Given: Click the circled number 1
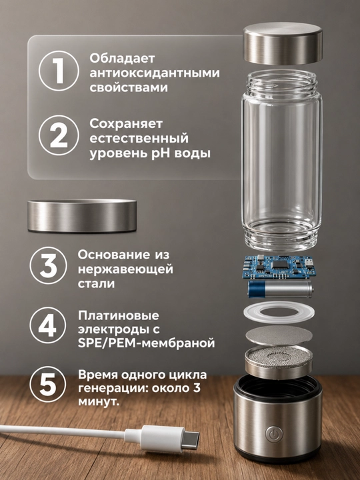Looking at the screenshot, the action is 59,71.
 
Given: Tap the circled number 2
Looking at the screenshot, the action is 59,135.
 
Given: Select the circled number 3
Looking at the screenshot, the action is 49,265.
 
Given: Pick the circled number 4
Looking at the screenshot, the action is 48,325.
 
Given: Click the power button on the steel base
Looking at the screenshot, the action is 272,433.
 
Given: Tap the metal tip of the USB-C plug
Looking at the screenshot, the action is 191,440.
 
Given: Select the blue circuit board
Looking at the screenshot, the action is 278,266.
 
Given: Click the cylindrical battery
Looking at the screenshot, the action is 280,289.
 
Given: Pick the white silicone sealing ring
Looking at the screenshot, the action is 279,313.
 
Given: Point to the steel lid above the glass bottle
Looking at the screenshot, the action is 283,43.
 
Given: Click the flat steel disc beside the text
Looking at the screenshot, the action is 82,215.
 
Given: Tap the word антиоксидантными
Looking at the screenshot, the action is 155,73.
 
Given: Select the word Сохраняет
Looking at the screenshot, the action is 126,124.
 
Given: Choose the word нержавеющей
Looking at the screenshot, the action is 125,269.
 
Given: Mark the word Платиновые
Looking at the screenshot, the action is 119,315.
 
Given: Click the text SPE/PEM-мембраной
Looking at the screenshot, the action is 146,343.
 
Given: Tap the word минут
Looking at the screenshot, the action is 99,401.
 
